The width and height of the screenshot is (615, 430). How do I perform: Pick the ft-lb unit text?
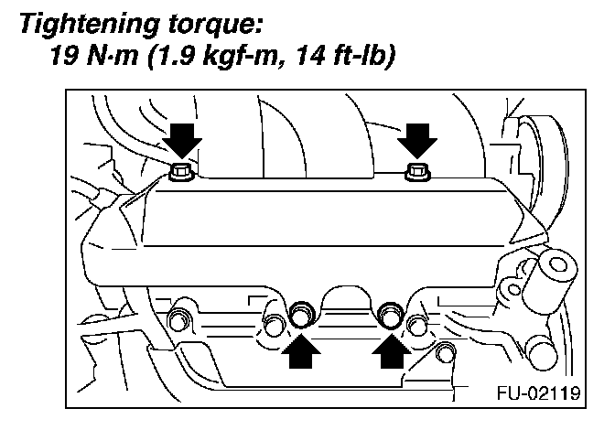(x=360, y=59)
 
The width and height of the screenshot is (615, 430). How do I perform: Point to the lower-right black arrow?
(x=391, y=352)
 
